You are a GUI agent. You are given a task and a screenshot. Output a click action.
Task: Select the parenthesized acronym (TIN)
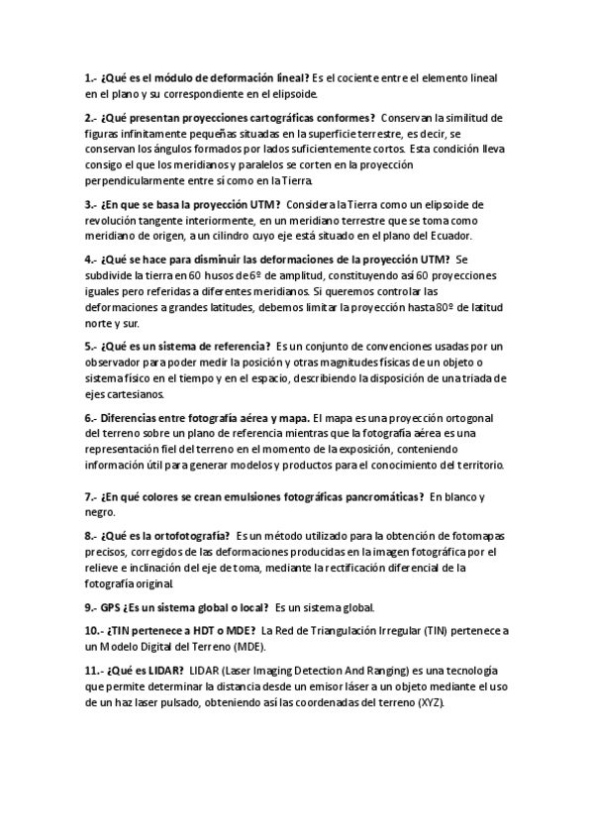click(437, 631)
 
